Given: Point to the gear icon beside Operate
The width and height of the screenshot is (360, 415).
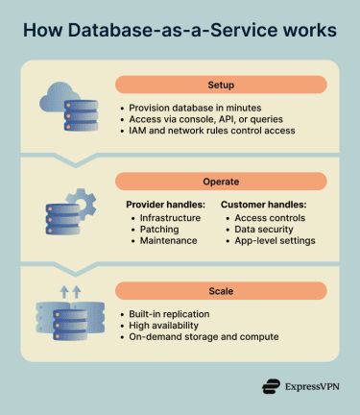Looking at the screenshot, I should [x=80, y=203].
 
